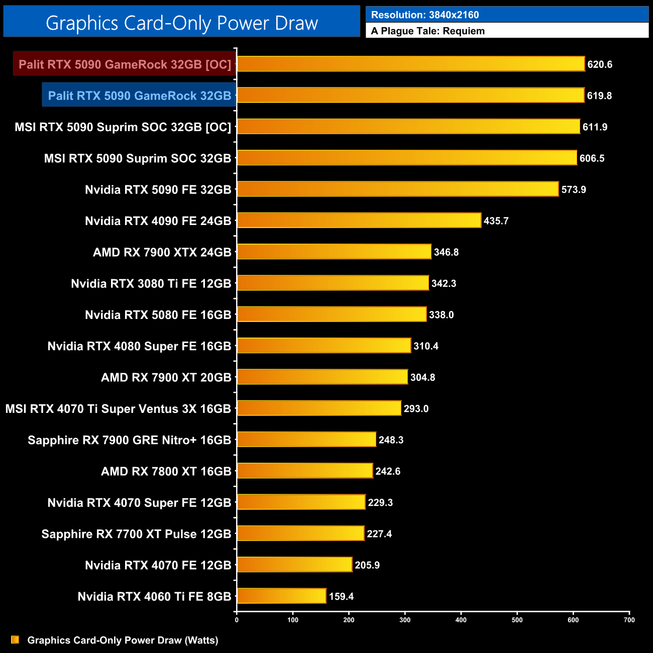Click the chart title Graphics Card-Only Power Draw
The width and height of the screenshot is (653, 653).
tap(181, 23)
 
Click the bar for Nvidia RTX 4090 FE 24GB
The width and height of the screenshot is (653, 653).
tap(359, 221)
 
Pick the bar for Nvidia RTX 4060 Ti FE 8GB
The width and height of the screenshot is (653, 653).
tap(281, 596)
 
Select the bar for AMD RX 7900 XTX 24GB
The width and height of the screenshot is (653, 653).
tap(334, 252)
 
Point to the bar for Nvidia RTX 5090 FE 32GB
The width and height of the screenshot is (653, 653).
tap(397, 189)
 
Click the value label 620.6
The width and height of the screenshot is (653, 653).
tap(600, 64)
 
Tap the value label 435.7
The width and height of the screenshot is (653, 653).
tap(496, 221)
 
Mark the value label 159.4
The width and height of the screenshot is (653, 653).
tap(342, 597)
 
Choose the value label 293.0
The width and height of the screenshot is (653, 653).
tap(416, 409)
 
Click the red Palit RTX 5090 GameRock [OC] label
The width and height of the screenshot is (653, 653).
tap(125, 64)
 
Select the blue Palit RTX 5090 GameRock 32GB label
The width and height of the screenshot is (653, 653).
tap(139, 95)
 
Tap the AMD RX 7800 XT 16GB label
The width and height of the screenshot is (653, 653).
tap(166, 471)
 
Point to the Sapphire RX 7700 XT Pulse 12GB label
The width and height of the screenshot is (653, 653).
tap(136, 534)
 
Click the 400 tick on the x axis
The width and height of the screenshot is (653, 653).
tap(461, 620)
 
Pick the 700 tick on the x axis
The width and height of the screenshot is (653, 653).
tap(629, 620)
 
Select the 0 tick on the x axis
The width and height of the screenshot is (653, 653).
tap(237, 620)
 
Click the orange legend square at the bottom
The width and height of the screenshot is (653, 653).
tap(15, 640)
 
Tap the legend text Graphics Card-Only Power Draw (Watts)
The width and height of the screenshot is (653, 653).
tap(123, 640)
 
